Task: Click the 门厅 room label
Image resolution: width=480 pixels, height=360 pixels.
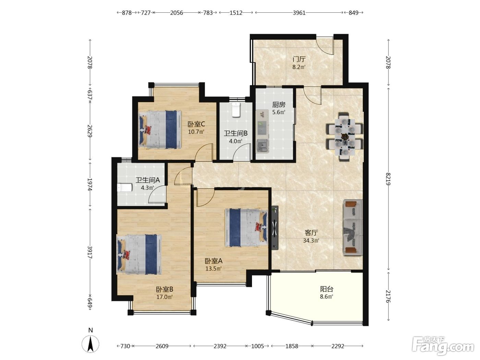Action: pos(299,59)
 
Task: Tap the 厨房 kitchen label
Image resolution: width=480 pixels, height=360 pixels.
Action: pos(279,105)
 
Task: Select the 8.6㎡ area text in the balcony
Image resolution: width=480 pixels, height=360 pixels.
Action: pos(326,297)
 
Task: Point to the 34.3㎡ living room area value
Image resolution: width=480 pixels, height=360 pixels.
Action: pos(311,241)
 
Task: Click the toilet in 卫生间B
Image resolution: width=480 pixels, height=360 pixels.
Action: pos(236,109)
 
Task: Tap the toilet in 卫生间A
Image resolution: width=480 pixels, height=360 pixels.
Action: pos(125,188)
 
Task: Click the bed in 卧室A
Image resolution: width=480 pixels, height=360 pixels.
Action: pos(246,228)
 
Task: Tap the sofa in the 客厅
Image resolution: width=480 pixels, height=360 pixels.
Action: pos(352,227)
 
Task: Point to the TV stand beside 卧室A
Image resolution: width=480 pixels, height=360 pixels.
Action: pos(275,228)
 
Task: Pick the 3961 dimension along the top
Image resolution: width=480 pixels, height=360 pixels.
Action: pos(299,13)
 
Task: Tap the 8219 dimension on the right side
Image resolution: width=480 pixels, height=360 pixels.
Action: pos(388,179)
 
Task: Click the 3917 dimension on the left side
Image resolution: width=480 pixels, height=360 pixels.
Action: pos(90,252)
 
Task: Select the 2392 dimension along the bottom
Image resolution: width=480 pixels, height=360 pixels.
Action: pos(220,346)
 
